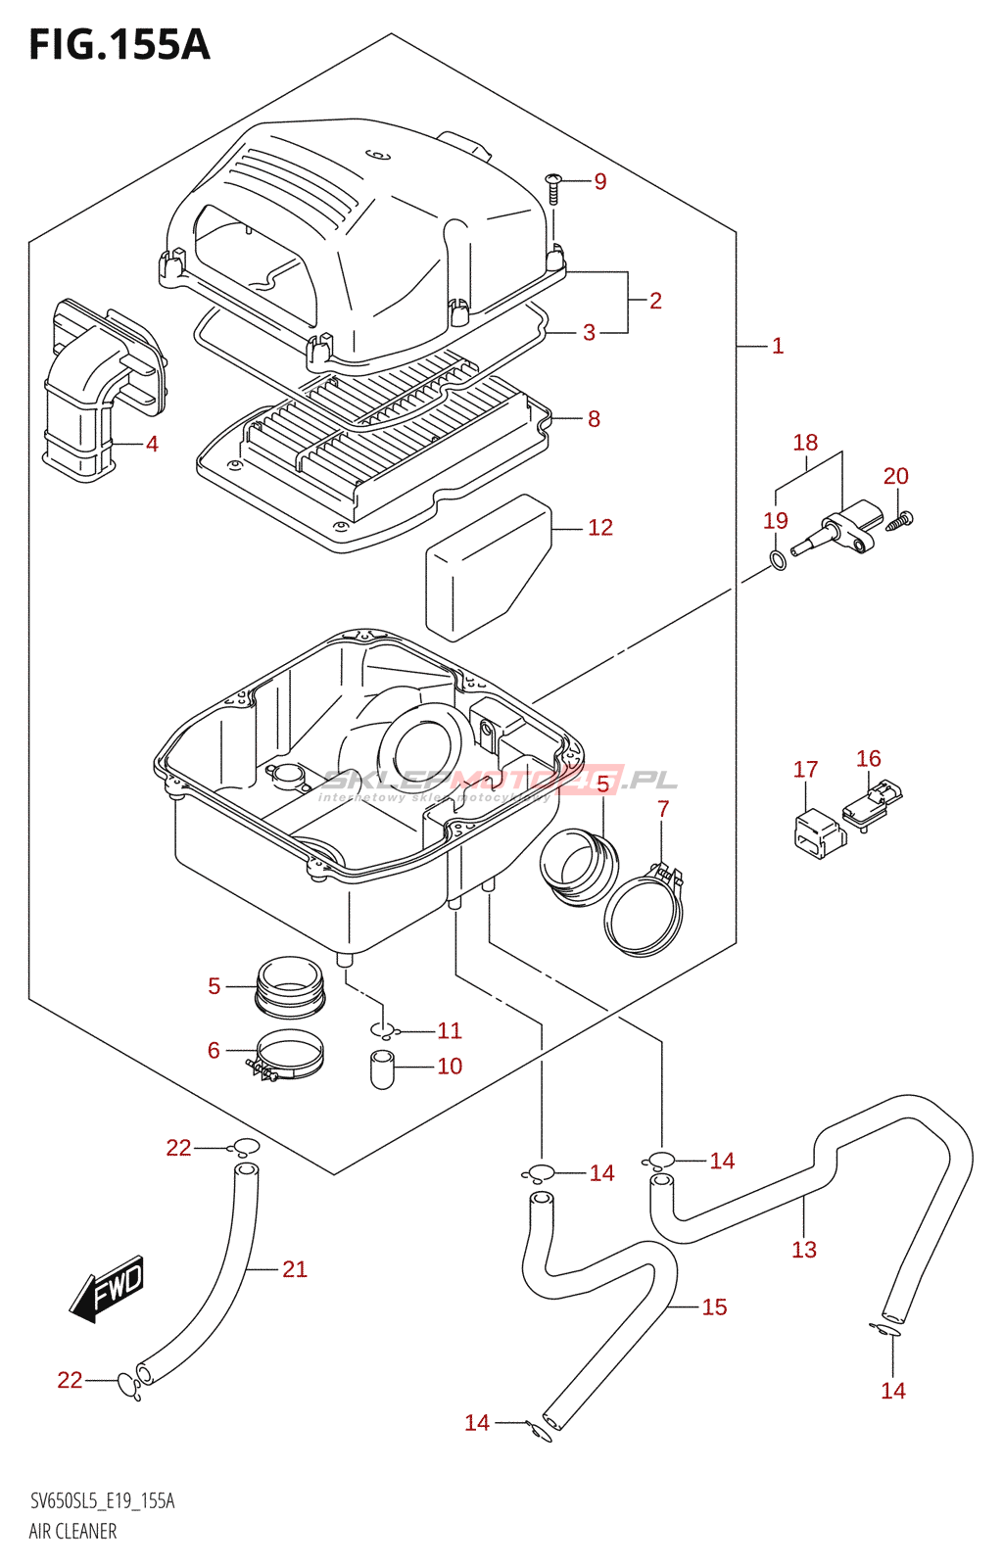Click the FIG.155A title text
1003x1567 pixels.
[x=119, y=45]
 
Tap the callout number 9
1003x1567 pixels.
[x=600, y=181]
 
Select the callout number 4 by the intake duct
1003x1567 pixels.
[x=152, y=444]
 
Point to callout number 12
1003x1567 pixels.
[x=600, y=528]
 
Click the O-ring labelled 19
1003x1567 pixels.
[x=777, y=561]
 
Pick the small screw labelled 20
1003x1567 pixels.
[x=900, y=520]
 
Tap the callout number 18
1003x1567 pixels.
[x=805, y=443]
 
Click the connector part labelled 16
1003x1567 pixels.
[x=871, y=805]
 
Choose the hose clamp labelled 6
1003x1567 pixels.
[x=288, y=1059]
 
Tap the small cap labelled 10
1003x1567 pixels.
[x=382, y=1068]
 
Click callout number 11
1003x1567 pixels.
[x=450, y=1030]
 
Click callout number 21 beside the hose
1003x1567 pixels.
[x=295, y=1269]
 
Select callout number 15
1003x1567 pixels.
[x=714, y=1307]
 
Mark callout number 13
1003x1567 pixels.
[x=804, y=1250]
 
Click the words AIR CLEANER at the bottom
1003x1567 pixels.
[x=72, y=1532]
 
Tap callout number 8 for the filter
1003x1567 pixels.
[x=594, y=419]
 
